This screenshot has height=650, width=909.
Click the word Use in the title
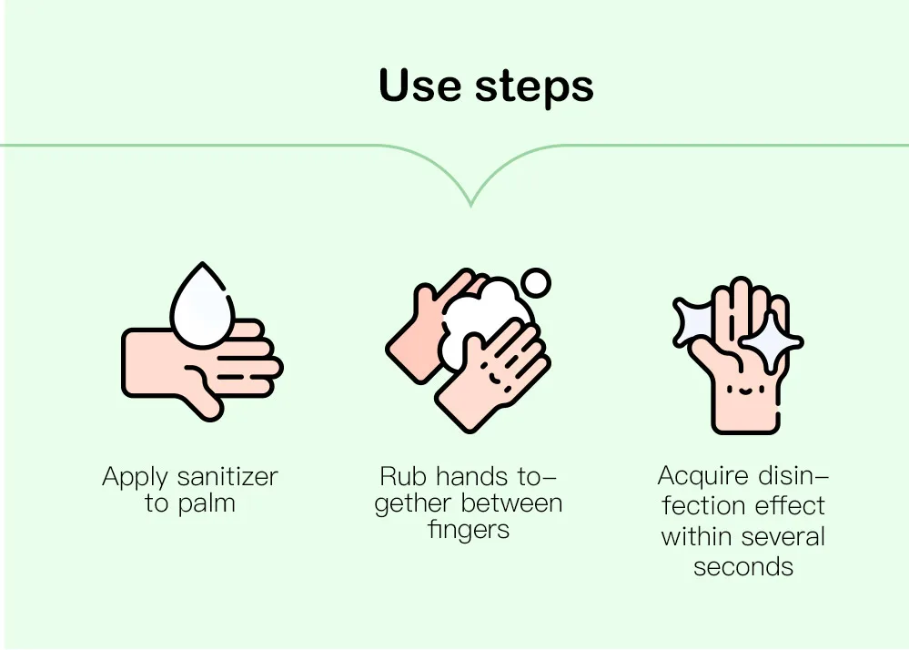tap(419, 86)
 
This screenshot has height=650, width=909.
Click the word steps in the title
tap(534, 88)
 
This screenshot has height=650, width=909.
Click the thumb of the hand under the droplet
tap(202, 393)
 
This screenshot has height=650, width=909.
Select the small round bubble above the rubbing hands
tap(536, 283)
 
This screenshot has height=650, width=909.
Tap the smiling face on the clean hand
tap(745, 390)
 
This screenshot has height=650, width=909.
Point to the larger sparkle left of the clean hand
tap(693, 321)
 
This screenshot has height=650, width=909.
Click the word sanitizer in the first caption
tap(227, 477)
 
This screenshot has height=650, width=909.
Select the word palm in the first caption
tap(207, 503)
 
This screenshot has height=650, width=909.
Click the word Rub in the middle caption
tap(403, 477)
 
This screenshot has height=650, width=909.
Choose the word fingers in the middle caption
tap(469, 530)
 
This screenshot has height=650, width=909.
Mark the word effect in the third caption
tap(790, 505)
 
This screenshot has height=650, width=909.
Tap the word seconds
tap(743, 566)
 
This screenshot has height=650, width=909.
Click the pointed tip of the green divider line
tap(470, 206)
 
